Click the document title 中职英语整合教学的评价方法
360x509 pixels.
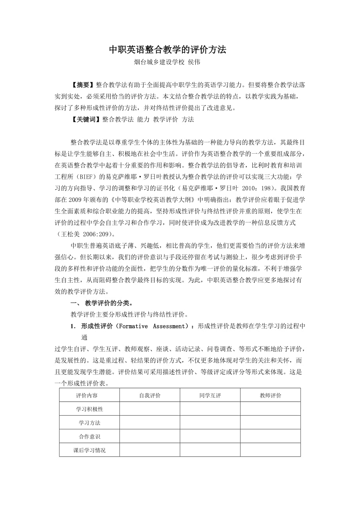coord(167,50)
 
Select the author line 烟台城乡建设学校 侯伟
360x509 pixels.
coord(167,62)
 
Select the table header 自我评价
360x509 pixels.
coord(150,395)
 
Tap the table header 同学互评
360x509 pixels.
coord(210,395)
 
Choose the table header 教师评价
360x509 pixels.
coord(270,395)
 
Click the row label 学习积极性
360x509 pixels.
coord(90,409)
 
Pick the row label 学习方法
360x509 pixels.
coord(90,423)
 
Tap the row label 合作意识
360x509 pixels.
coord(90,436)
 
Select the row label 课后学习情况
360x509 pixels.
coord(90,450)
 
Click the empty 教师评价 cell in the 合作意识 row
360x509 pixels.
coord(270,436)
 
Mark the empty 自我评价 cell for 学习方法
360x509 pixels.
coord(150,423)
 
